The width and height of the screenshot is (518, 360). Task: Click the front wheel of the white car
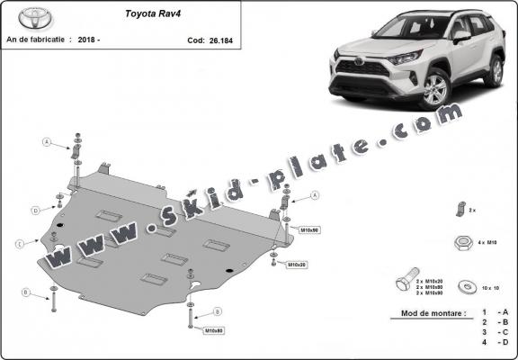[x=434, y=89]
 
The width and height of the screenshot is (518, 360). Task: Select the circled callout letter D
[x=36, y=211]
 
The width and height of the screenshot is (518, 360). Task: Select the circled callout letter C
[x=19, y=243]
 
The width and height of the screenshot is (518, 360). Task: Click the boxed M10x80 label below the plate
[x=214, y=330]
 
